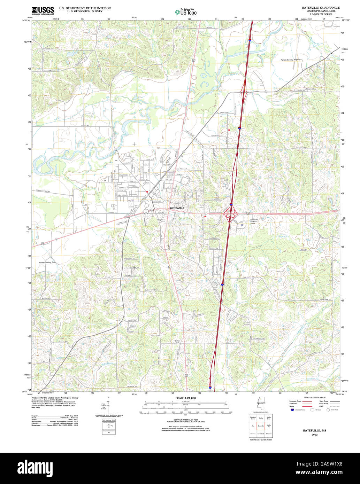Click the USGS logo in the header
point(43,10)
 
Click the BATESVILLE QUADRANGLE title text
point(321,8)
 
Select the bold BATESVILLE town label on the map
point(177,208)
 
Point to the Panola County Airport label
point(290,60)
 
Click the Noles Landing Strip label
point(47,263)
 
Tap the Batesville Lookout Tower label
point(254,221)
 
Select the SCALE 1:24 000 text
point(185,398)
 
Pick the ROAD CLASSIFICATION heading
point(314,398)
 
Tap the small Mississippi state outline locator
point(260,403)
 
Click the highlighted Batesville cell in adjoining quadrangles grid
point(261,426)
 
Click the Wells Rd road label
point(109,277)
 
